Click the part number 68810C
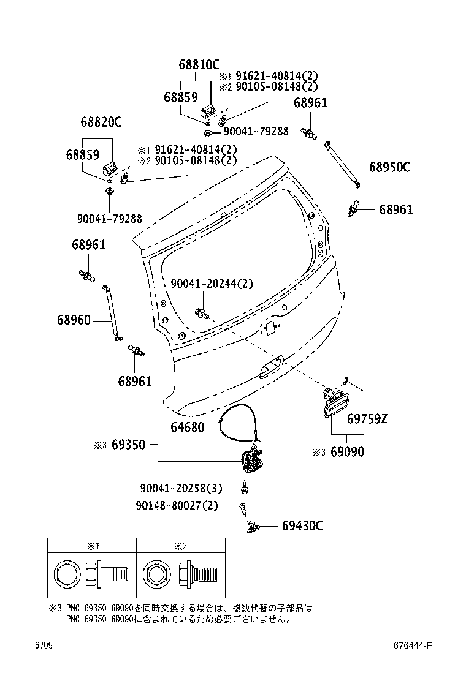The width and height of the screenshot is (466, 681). click(199, 65)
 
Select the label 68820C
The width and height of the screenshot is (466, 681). click(101, 122)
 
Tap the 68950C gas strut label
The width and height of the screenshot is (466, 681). click(389, 167)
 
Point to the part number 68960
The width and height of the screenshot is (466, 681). click(74, 320)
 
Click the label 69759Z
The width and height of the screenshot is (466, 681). click(367, 419)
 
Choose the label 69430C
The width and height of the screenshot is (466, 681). click(302, 526)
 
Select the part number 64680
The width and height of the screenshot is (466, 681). click(188, 427)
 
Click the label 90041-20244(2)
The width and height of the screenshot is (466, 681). click(212, 284)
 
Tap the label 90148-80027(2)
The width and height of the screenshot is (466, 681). click(177, 505)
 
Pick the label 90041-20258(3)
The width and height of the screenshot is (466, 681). click(181, 488)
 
